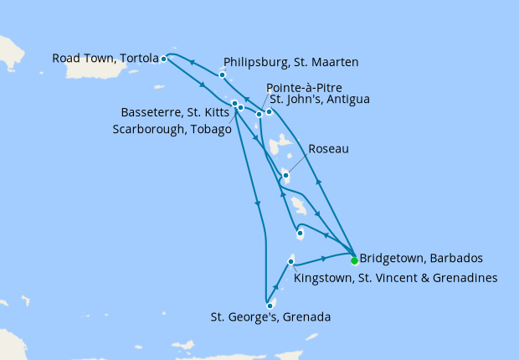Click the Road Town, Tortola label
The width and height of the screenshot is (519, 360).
click(x=105, y=59)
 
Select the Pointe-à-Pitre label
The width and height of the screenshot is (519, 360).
click(x=303, y=87)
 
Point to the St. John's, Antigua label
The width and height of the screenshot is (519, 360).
click(x=317, y=100)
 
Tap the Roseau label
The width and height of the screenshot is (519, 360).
click(x=328, y=149)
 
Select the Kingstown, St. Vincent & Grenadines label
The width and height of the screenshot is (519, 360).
click(x=398, y=277)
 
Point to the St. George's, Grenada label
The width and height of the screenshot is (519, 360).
click(x=270, y=317)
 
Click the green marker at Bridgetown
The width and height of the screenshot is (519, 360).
click(x=354, y=259)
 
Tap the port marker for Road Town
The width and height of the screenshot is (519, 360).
click(x=163, y=59)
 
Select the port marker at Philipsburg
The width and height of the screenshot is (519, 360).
click(x=222, y=75)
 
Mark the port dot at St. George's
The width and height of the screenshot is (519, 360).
click(x=270, y=306)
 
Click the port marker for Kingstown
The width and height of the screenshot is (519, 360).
click(x=290, y=262)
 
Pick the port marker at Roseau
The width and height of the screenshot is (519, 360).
click(x=286, y=175)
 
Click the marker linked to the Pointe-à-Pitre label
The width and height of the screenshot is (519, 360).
click(x=259, y=114)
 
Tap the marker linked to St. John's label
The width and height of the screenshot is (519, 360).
click(x=269, y=111)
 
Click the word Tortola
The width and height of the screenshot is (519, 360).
click(x=136, y=59)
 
